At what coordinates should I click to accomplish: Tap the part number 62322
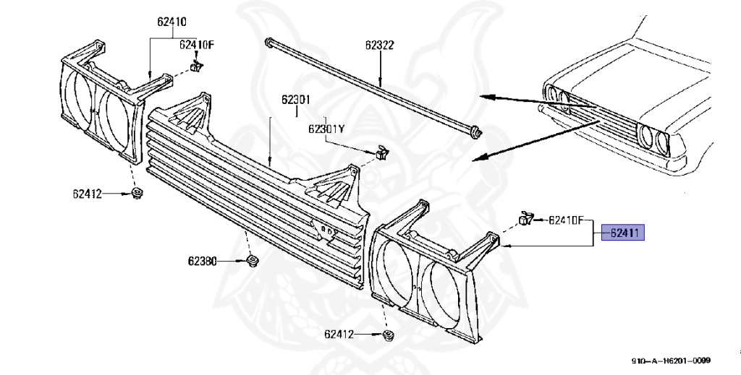(379, 45)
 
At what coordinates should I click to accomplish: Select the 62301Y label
(326, 129)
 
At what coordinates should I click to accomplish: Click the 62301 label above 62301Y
(296, 100)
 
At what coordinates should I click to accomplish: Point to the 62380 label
(203, 261)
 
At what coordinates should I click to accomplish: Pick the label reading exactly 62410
(172, 22)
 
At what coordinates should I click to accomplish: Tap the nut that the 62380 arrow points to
(252, 261)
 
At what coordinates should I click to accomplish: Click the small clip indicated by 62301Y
(381, 152)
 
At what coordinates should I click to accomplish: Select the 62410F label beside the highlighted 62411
(569, 219)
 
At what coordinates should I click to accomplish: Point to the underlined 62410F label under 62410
(198, 45)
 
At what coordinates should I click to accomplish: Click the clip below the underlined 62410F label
(195, 66)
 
